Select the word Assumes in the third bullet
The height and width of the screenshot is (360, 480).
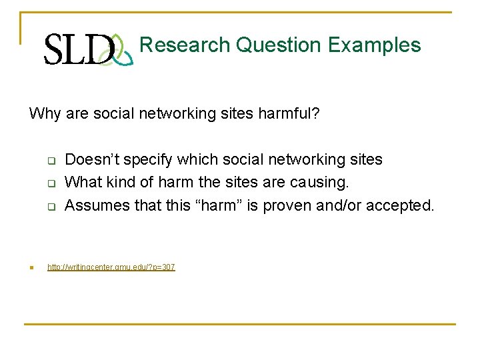pyautogui.click(x=95, y=205)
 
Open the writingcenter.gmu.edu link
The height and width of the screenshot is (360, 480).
pyautogui.click(x=111, y=267)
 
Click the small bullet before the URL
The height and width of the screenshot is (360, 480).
pyautogui.click(x=31, y=268)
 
